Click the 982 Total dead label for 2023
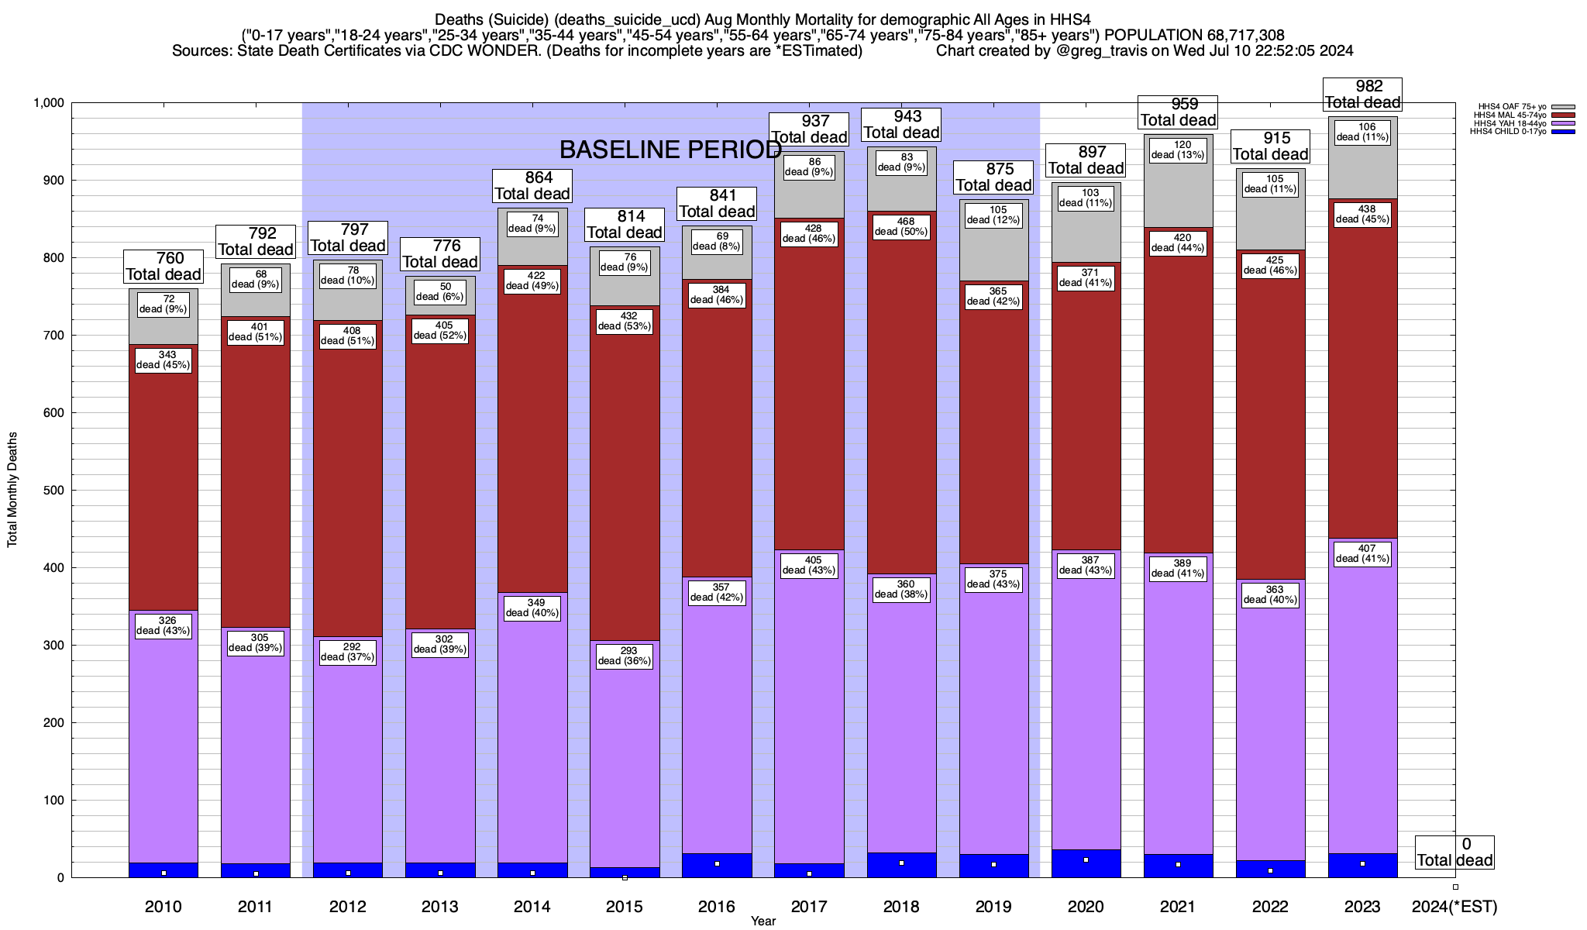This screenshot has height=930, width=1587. click(x=1362, y=95)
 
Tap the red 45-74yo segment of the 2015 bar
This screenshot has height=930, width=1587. click(x=625, y=473)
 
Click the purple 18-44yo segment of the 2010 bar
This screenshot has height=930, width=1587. click(x=164, y=736)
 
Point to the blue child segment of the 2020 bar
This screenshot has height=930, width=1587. click(x=1086, y=863)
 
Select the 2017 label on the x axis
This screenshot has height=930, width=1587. click(x=809, y=907)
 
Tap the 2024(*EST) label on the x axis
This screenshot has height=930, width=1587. click(x=1454, y=907)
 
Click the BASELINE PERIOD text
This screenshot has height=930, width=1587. click(x=670, y=150)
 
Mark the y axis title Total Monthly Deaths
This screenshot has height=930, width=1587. click(x=12, y=490)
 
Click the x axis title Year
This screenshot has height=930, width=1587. click(x=763, y=921)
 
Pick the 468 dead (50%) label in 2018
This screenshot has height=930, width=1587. click(x=901, y=226)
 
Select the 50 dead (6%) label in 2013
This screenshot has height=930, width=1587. click(x=440, y=291)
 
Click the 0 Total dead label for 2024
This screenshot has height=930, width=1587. click(x=1454, y=852)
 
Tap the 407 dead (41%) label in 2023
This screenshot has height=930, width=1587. click(x=1362, y=553)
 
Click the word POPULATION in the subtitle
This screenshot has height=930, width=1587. click(x=1153, y=35)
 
